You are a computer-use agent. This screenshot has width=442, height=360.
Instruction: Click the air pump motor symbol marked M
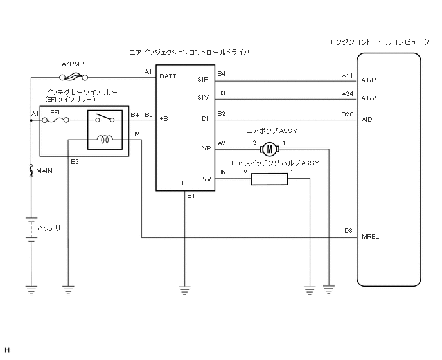point(270,148)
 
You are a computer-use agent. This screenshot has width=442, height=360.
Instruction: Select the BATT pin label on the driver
point(168,76)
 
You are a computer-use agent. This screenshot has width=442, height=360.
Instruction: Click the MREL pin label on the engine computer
point(371,236)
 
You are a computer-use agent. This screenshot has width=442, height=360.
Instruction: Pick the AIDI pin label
point(369,120)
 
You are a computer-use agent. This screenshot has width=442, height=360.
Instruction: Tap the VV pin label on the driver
point(206,179)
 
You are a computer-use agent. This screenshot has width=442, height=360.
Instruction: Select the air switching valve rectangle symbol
point(270,179)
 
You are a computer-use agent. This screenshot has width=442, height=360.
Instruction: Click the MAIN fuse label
point(45,171)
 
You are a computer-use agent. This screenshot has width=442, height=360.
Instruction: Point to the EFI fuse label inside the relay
point(55,112)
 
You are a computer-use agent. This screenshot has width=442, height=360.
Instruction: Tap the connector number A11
point(348,75)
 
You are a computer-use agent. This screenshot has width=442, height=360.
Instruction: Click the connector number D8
point(348,230)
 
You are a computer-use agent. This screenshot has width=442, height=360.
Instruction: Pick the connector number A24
point(348,93)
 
